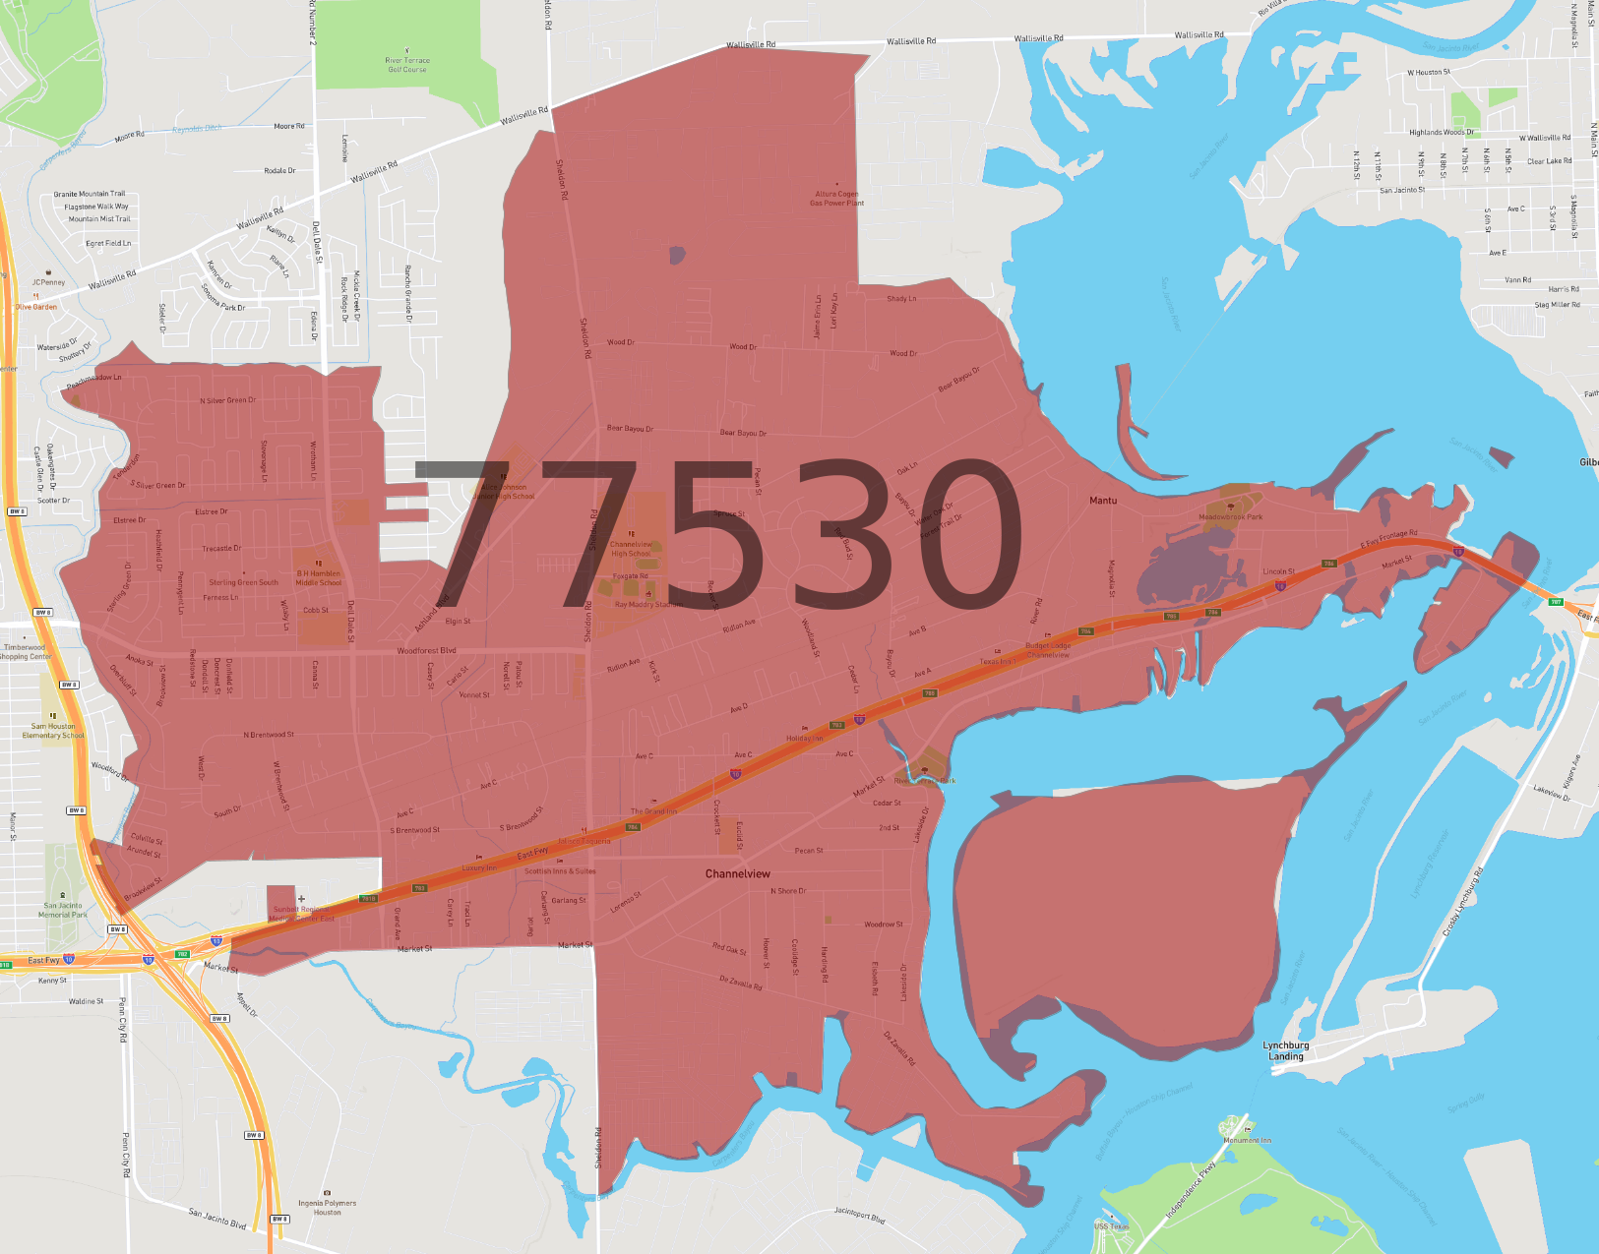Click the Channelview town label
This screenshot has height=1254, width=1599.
[738, 873]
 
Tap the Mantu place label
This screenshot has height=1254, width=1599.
[1103, 501]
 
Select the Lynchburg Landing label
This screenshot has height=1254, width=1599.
[1286, 1050]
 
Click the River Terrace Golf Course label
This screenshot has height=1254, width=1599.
[407, 65]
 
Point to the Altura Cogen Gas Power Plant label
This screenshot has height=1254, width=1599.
[836, 199]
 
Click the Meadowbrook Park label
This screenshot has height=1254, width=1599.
[1230, 516]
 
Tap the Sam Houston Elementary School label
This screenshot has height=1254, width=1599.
[53, 731]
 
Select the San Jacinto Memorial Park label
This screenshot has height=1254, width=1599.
[63, 910]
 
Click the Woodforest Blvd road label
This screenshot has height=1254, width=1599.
[426, 651]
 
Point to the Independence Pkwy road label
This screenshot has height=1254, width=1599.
[1191, 1190]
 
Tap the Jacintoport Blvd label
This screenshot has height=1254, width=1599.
[859, 1216]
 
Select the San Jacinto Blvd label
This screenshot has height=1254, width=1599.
[217, 1219]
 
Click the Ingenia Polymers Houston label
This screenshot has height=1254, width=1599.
[328, 1207]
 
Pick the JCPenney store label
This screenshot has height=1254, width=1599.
[48, 282]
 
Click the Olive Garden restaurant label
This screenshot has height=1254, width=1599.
[36, 307]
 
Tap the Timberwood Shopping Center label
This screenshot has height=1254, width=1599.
[25, 652]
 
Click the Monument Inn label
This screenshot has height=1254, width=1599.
[1247, 1140]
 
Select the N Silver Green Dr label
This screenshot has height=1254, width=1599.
[227, 400]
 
